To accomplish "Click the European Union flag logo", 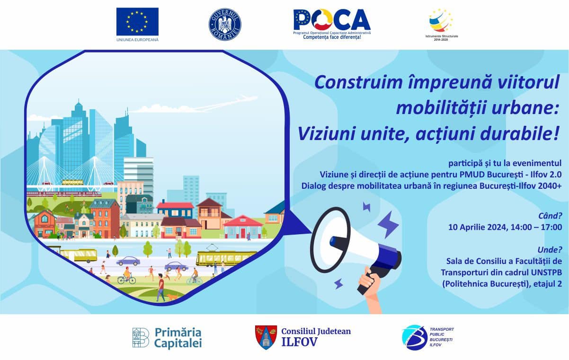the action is tap(137, 22).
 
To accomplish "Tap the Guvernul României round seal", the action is tap(225, 25).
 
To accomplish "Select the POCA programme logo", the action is tap(332, 24).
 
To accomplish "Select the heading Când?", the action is tap(550, 216).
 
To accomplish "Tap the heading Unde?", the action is tap(550, 250).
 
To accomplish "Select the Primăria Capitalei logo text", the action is tap(178, 338).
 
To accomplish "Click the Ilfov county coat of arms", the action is tap(266, 337).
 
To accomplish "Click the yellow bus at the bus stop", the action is tap(79, 255).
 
